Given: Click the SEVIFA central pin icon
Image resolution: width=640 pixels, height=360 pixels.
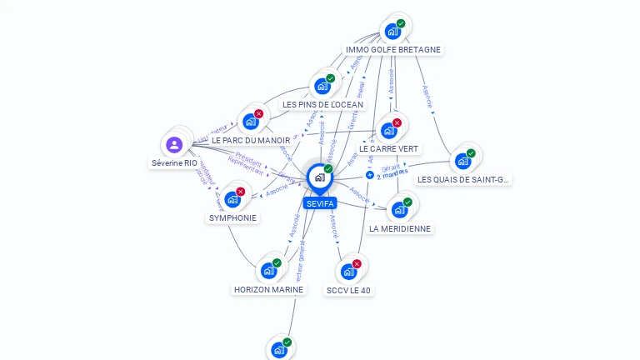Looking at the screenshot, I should pyautogui.click(x=319, y=177).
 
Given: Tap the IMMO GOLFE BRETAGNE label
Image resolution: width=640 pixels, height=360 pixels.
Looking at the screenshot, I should pyautogui.click(x=393, y=49).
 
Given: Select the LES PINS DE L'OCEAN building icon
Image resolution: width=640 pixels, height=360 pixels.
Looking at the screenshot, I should pyautogui.click(x=322, y=86).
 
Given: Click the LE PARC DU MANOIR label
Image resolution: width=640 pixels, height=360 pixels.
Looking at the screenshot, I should pyautogui.click(x=251, y=140).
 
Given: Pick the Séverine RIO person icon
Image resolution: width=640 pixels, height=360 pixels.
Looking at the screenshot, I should pyautogui.click(x=174, y=145).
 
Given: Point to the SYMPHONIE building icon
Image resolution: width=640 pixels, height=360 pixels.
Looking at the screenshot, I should pyautogui.click(x=232, y=199).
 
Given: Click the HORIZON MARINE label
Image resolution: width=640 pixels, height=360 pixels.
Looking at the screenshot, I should pyautogui.click(x=268, y=289).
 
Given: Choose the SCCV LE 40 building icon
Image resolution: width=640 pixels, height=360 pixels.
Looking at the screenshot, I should pyautogui.click(x=348, y=271).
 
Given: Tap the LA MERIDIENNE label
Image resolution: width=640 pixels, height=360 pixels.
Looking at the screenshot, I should pyautogui.click(x=400, y=228).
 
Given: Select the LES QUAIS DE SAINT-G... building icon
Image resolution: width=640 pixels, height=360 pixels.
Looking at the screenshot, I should pyautogui.click(x=462, y=161).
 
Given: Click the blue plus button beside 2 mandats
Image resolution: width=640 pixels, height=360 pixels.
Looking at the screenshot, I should pyautogui.click(x=370, y=175).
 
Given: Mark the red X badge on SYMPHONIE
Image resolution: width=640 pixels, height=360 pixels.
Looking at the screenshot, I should pyautogui.click(x=241, y=192).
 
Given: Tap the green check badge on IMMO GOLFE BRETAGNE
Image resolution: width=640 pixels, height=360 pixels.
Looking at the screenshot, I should pyautogui.click(x=401, y=24).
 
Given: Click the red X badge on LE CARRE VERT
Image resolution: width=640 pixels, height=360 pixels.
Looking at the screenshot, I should pyautogui.click(x=397, y=123).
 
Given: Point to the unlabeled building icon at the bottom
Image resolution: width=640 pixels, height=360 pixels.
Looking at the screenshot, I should pyautogui.click(x=279, y=349).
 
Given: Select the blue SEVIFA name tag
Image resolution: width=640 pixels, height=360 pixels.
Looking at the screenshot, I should pyautogui.click(x=319, y=203).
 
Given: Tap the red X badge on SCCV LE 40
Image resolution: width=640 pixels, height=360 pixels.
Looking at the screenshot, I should pyautogui.click(x=357, y=263).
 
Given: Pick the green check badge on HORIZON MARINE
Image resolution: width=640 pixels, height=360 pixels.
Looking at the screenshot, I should pyautogui.click(x=277, y=263).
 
